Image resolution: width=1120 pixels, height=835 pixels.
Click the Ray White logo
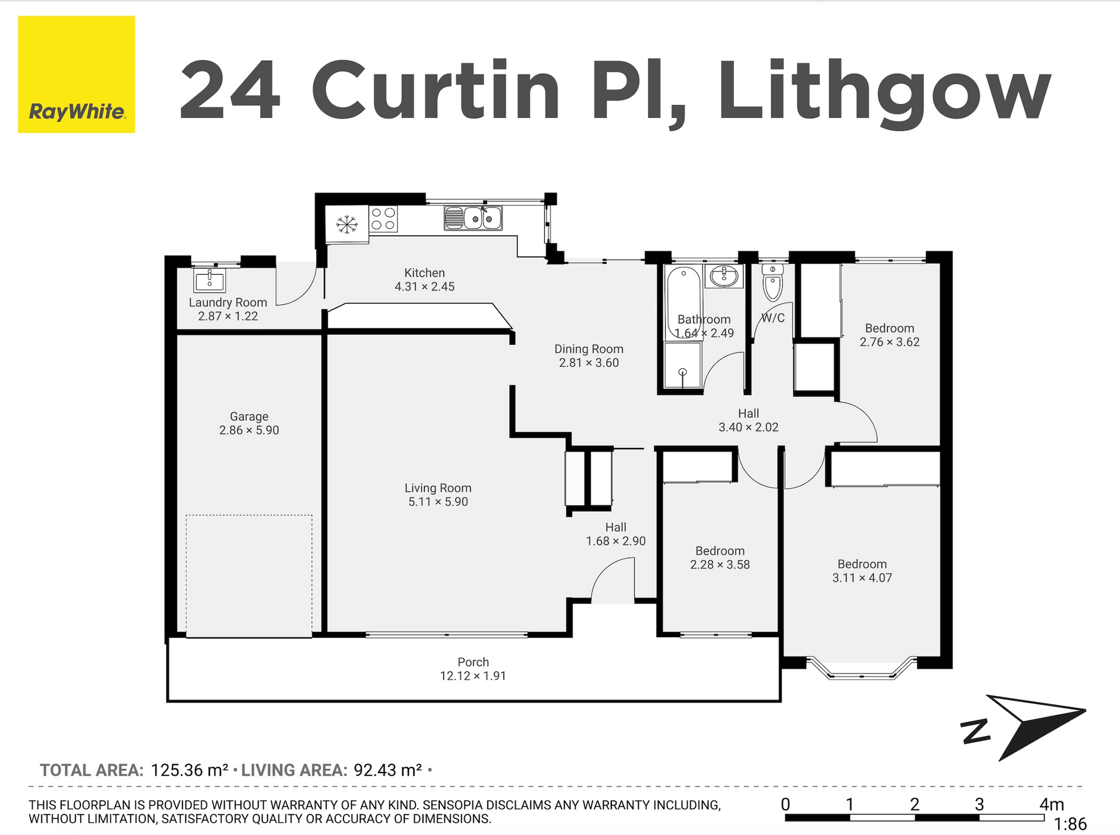tap(76, 74)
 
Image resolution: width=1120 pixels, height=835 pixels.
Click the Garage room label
tap(249, 417)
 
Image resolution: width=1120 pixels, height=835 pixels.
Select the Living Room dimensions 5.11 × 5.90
tap(438, 502)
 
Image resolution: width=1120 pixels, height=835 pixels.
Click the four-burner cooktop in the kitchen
tap(383, 219)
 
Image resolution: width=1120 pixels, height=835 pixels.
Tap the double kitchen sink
tap(473, 218)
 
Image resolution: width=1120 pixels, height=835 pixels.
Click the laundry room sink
tap(209, 280)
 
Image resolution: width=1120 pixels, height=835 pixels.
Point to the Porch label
tap(473, 662)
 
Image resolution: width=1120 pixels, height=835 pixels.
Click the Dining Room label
tap(589, 349)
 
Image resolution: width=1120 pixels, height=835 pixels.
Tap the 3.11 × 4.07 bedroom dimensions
tap(862, 578)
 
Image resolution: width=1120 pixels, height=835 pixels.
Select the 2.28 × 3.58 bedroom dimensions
tap(720, 564)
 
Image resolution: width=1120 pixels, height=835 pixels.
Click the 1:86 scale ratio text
tap(1070, 824)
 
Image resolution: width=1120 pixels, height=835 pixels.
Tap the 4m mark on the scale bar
tap(1052, 805)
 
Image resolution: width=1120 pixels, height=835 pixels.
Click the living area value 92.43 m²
tap(388, 770)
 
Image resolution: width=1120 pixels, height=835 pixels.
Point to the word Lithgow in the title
tap(884, 92)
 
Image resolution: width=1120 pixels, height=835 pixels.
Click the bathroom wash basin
tap(724, 275)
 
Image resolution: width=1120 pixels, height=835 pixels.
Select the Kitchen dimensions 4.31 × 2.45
tap(425, 287)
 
